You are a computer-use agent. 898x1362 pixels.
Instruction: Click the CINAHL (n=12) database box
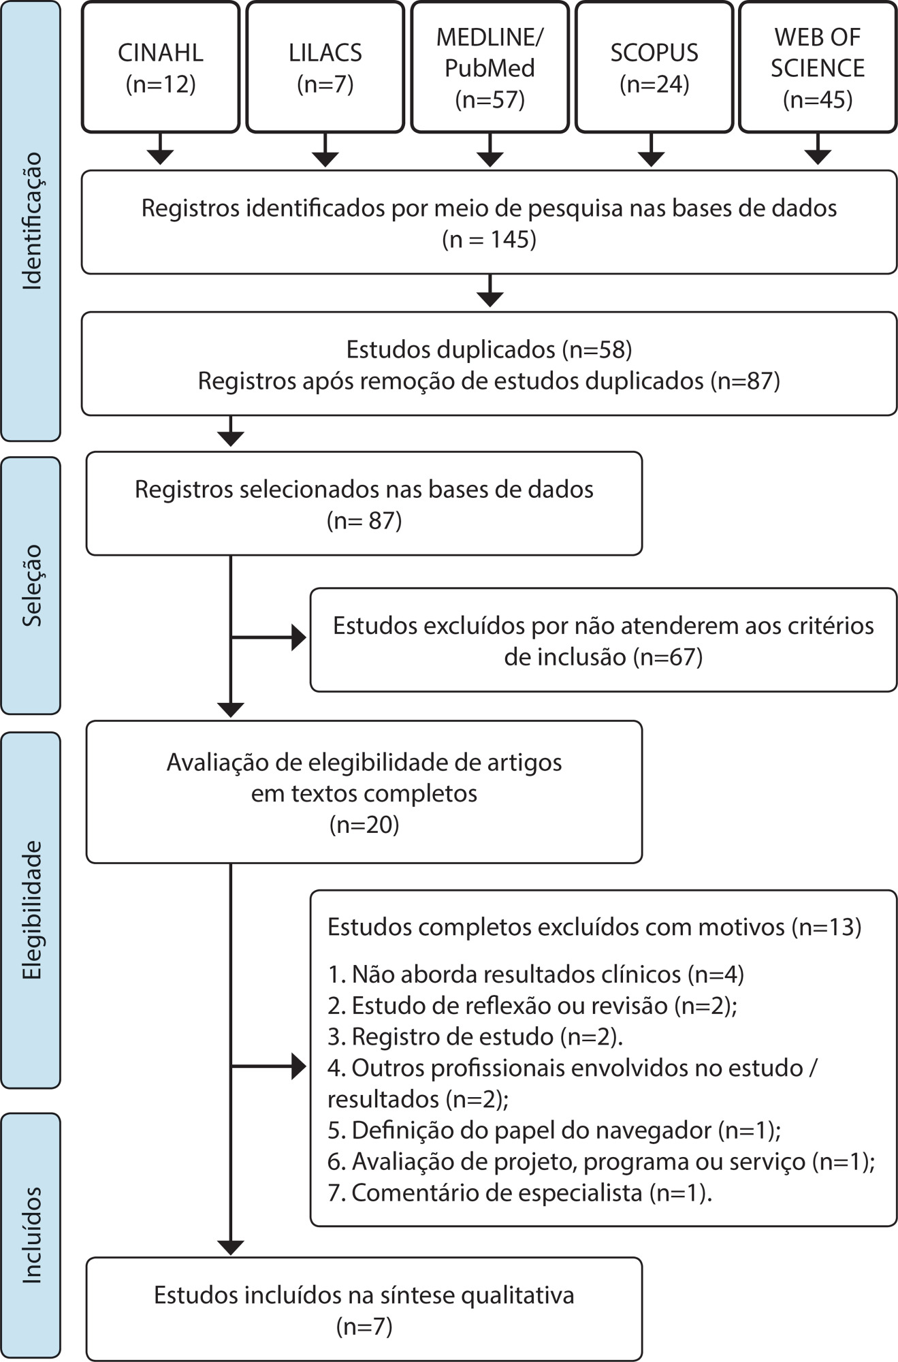pyautogui.click(x=161, y=67)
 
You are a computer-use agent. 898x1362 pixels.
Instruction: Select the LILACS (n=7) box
pyautogui.click(x=325, y=67)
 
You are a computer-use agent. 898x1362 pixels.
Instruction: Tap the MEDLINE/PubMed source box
pyautogui.click(x=490, y=67)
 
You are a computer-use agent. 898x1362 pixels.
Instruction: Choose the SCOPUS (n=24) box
pyautogui.click(x=654, y=67)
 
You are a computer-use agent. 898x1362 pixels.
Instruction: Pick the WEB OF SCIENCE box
pyautogui.click(x=817, y=67)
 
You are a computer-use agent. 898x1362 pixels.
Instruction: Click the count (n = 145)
pyautogui.click(x=490, y=240)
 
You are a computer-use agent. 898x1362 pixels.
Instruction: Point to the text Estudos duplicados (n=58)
pyautogui.click(x=489, y=349)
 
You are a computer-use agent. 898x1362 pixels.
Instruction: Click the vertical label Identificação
pyautogui.click(x=31, y=221)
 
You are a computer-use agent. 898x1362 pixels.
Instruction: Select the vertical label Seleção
pyautogui.click(x=31, y=585)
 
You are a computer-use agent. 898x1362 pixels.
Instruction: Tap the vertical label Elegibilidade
pyautogui.click(x=31, y=910)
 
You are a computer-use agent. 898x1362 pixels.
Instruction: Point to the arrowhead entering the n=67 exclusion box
pyautogui.click(x=298, y=638)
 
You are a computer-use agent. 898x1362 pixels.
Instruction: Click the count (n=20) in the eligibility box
pyautogui.click(x=364, y=825)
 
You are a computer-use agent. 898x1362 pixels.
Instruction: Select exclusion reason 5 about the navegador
pyautogui.click(x=554, y=1130)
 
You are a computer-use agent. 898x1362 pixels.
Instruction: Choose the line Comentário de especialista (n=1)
pyautogui.click(x=519, y=1193)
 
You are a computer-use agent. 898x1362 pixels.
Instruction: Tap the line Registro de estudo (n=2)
pyautogui.click(x=475, y=1036)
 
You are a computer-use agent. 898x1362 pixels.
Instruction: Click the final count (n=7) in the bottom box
pyautogui.click(x=364, y=1327)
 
